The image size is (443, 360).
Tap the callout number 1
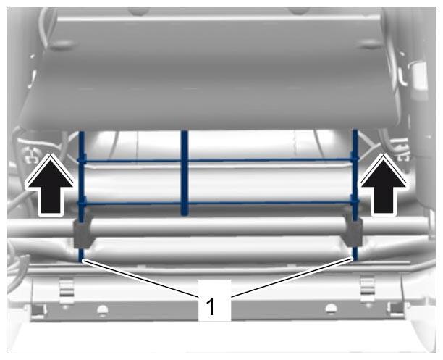(210, 307)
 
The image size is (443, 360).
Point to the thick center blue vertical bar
(185, 173)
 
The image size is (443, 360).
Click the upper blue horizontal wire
(218, 161)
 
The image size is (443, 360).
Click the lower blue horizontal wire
(218, 203)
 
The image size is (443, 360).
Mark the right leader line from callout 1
(292, 277)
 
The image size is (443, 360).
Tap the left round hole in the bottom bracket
(103, 310)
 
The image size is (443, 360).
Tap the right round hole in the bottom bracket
(331, 309)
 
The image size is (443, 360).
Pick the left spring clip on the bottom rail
(67, 290)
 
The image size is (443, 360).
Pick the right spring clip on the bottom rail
(368, 290)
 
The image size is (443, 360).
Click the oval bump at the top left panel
(63, 44)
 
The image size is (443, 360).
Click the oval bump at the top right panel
(370, 44)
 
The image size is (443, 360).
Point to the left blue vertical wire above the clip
(81, 175)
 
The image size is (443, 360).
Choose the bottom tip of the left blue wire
(81, 260)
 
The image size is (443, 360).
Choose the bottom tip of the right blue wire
(355, 259)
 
